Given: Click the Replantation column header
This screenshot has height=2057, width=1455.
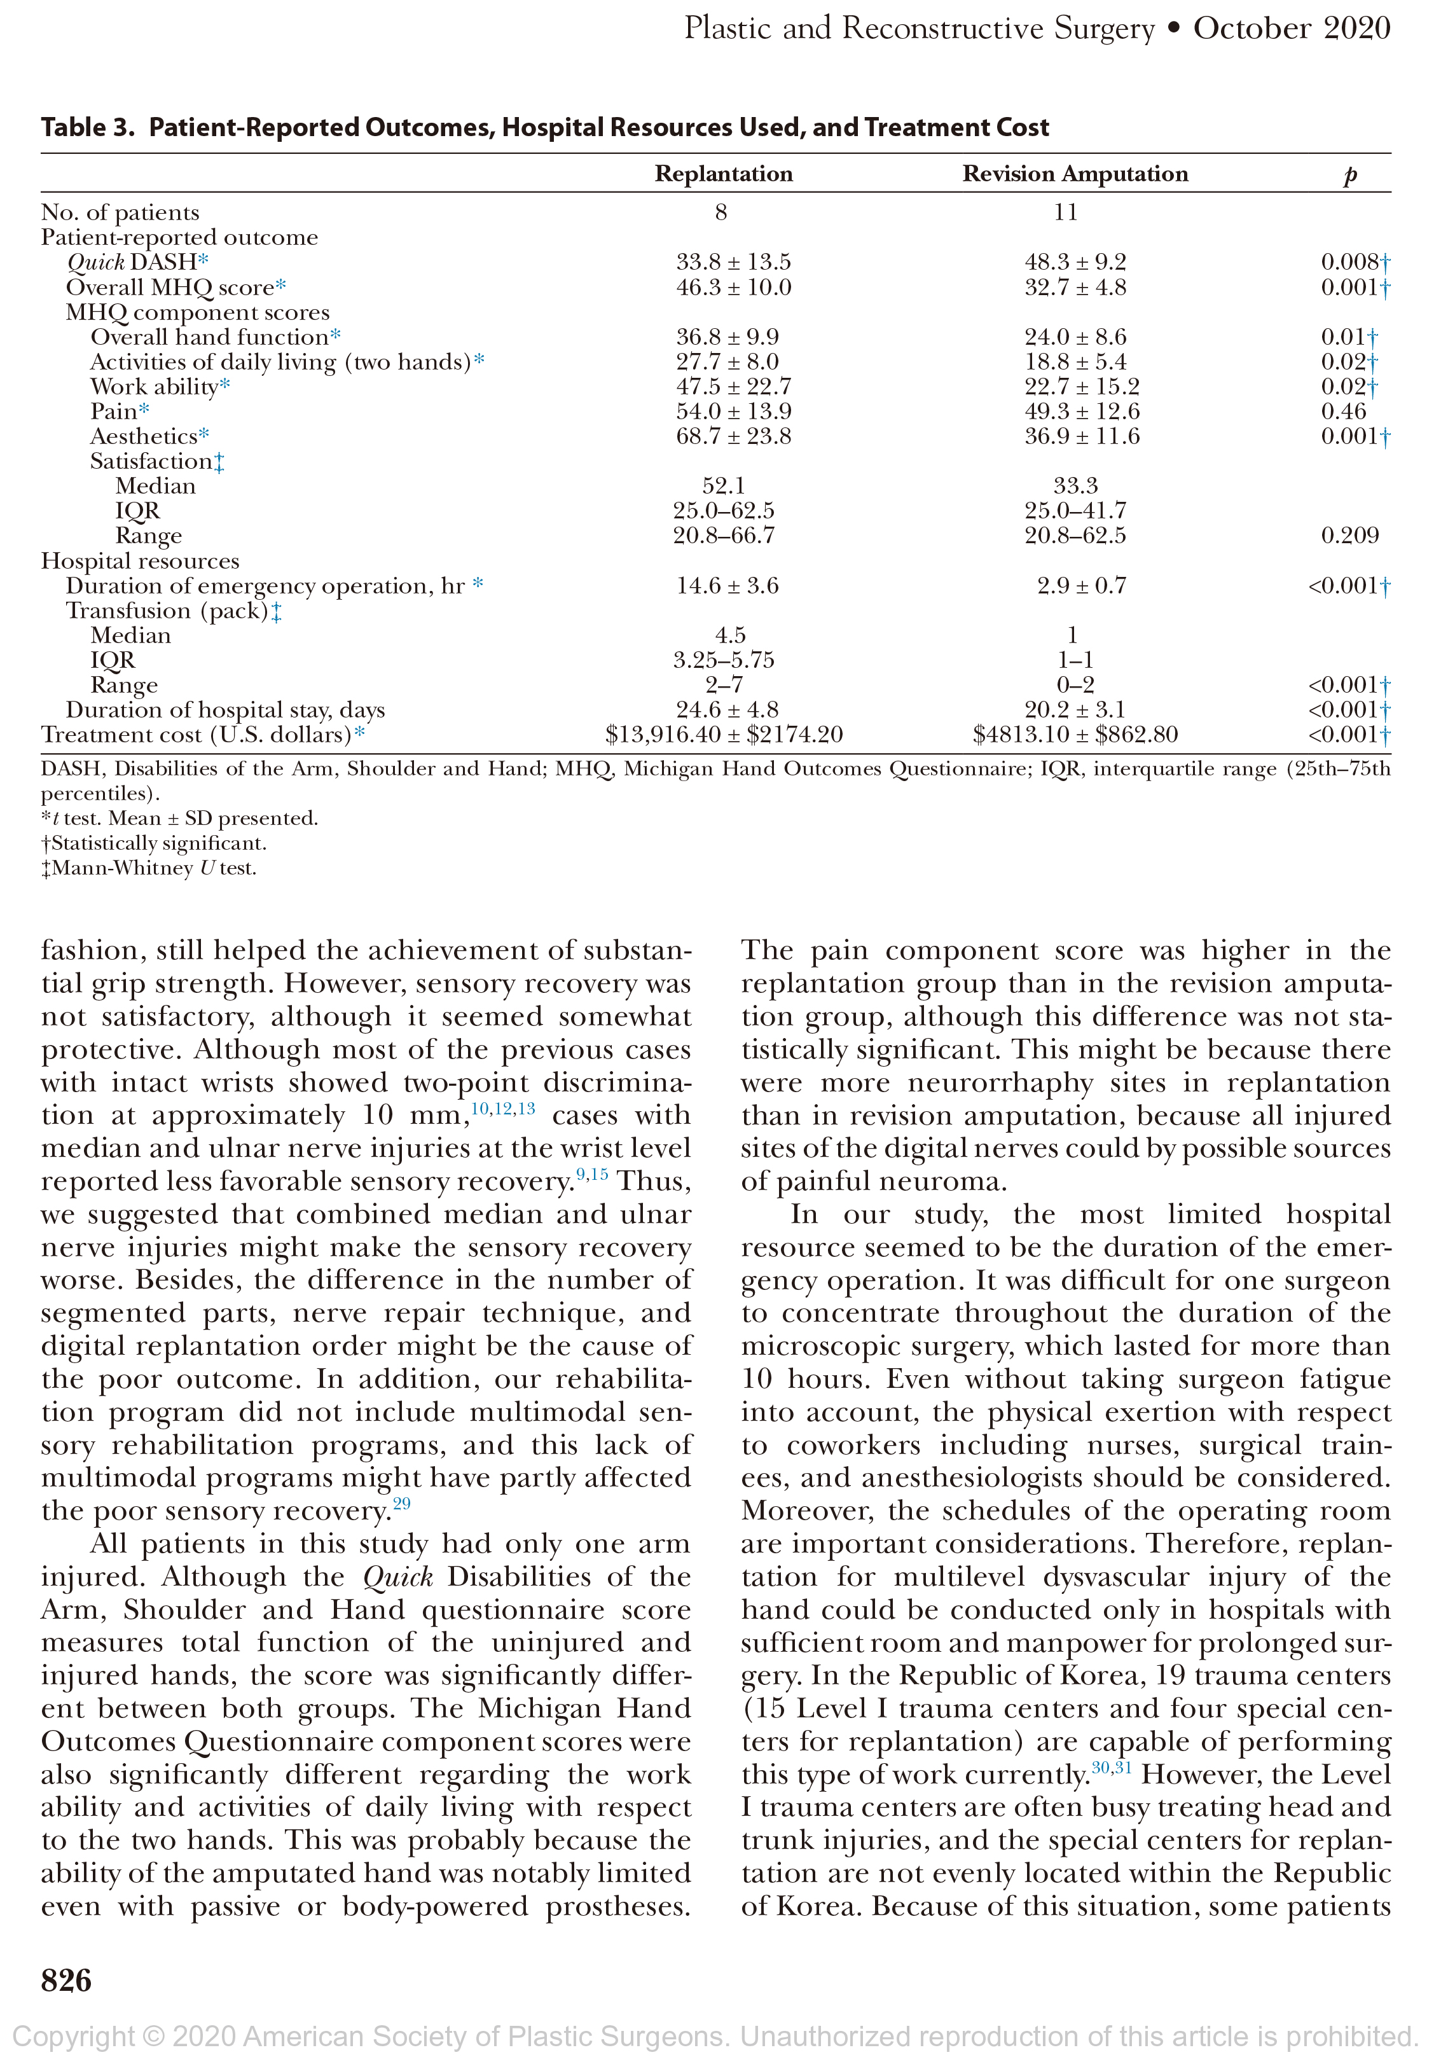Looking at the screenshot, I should tap(723, 174).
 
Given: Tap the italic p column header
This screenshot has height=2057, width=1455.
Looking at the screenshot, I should tap(1350, 176).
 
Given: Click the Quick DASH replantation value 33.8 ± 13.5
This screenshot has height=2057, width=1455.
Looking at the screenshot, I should tap(733, 263).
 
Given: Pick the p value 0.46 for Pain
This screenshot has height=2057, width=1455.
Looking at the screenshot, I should tap(1343, 412).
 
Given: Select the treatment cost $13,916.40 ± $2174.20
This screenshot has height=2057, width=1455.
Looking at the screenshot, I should tap(724, 735).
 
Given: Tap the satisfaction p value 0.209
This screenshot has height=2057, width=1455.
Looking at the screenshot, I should tap(1349, 536).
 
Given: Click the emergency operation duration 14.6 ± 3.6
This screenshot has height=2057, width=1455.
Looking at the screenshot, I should tap(727, 586).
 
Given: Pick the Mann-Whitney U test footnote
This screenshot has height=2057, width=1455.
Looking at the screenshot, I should tap(149, 869).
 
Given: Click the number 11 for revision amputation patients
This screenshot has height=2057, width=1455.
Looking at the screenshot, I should tap(1065, 213).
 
